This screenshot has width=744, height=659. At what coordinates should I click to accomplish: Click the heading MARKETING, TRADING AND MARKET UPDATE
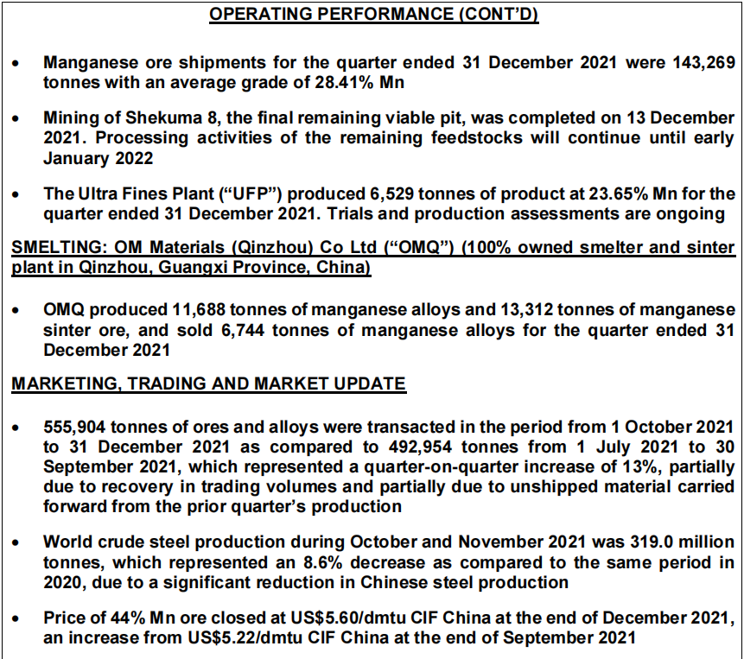(208, 383)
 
